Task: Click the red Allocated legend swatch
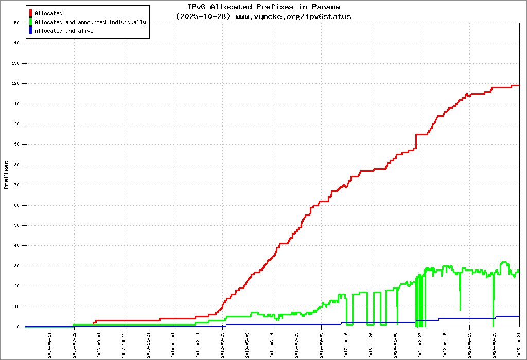31,13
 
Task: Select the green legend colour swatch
31,22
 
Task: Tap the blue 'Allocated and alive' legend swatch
31,31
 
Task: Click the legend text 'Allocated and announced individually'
90,22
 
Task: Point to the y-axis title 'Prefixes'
7,175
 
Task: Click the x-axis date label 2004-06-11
50,343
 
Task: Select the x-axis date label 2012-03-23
223,343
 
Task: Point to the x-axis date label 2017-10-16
346,343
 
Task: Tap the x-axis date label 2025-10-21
519,343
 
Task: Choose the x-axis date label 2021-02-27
420,343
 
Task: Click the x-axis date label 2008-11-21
149,343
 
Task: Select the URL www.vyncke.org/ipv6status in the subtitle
293,16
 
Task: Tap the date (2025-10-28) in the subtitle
203,16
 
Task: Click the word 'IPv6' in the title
199,7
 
